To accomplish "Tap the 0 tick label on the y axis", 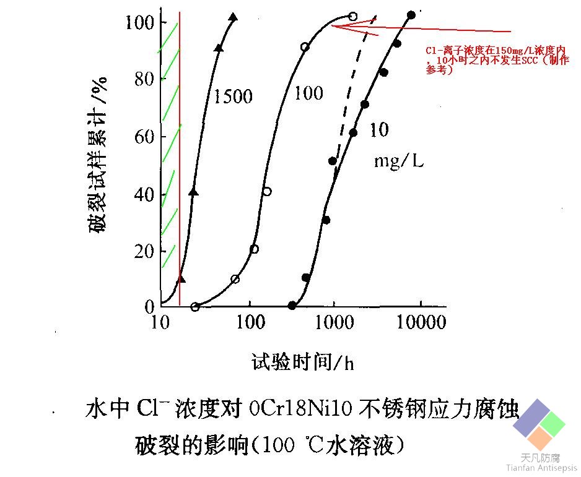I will (x=149, y=307).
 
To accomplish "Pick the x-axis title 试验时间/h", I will (x=303, y=361).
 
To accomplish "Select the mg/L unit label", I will (x=398, y=161).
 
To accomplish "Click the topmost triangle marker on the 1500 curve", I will (x=233, y=17).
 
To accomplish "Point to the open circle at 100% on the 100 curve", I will (x=353, y=16).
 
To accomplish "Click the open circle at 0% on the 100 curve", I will (x=195, y=307).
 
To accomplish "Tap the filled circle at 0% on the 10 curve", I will (x=292, y=306).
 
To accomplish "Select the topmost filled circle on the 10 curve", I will (x=411, y=15).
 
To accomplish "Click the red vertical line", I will (x=180, y=155).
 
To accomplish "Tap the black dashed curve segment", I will (x=353, y=93).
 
